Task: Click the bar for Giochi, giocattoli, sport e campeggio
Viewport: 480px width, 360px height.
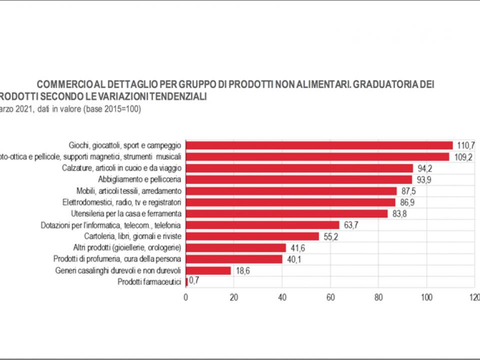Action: pyautogui.click(x=319, y=145)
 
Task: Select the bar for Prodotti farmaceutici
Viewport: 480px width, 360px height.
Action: pyautogui.click(x=186, y=282)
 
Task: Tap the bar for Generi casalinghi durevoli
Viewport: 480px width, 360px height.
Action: pyautogui.click(x=208, y=270)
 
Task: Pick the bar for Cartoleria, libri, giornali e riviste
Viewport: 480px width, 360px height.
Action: pyautogui.click(x=252, y=236)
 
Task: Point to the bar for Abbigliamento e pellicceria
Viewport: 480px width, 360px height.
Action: pyautogui.click(x=298, y=179)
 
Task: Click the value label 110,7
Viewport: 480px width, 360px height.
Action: pyautogui.click(x=464, y=145)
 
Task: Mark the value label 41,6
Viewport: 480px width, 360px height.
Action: pyautogui.click(x=298, y=248)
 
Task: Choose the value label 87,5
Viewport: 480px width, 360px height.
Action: pyautogui.click(x=408, y=191)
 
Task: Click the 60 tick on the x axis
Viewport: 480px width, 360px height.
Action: pyautogui.click(x=330, y=297)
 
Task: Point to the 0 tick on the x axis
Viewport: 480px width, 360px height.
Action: pyautogui.click(x=186, y=297)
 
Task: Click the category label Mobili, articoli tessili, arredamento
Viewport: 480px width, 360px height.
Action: pyautogui.click(x=128, y=191)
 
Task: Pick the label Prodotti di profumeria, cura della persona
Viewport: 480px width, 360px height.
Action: pyautogui.click(x=117, y=259)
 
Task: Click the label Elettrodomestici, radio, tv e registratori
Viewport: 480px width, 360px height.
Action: pyautogui.click(x=121, y=202)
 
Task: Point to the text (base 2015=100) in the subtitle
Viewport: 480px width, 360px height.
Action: pyautogui.click(x=113, y=108)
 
